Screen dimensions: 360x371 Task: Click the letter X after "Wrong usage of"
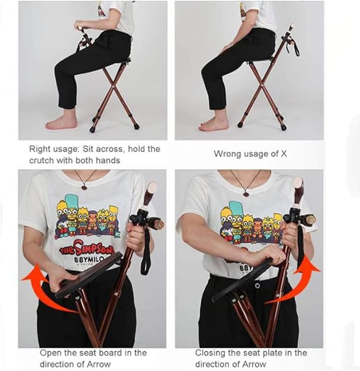284,154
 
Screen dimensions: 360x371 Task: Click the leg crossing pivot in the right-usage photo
113,87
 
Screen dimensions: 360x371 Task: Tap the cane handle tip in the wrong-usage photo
292,25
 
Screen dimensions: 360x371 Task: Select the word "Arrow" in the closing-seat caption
254,364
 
